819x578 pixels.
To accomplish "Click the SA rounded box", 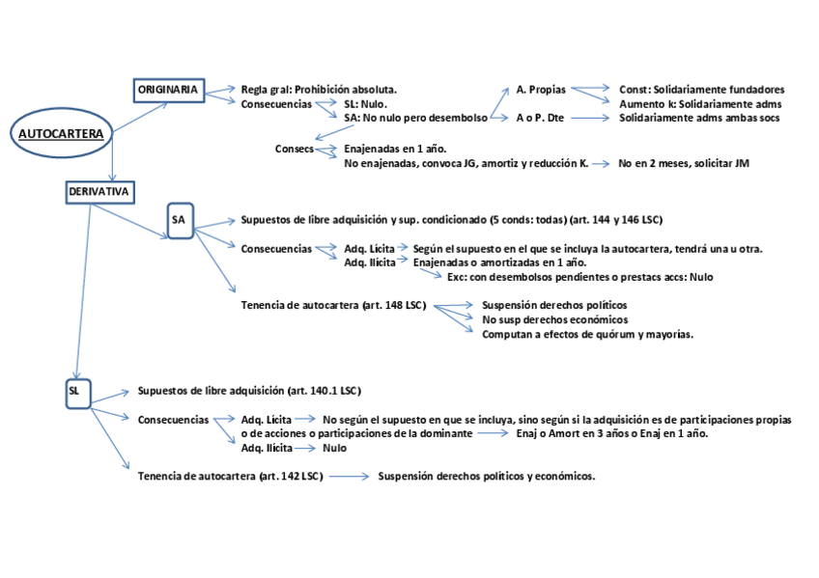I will click(x=179, y=220).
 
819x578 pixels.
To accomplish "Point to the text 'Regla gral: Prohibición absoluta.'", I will click(x=319, y=90).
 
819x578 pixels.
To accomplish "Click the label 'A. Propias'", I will click(x=541, y=90).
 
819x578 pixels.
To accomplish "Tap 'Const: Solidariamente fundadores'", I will click(x=702, y=90).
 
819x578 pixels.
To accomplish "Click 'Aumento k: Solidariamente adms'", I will click(x=700, y=103).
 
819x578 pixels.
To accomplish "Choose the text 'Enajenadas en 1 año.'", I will click(x=397, y=150).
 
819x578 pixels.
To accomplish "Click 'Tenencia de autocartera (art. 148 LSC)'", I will click(x=333, y=306).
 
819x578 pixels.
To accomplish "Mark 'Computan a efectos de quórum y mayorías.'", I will click(x=587, y=334).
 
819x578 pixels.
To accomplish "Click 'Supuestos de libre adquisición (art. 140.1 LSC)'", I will click(x=249, y=391).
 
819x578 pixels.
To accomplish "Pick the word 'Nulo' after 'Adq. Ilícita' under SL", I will click(x=335, y=448).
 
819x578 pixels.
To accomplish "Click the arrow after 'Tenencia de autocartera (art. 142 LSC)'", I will click(x=350, y=476).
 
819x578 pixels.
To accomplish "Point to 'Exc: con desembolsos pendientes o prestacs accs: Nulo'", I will click(x=579, y=277).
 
